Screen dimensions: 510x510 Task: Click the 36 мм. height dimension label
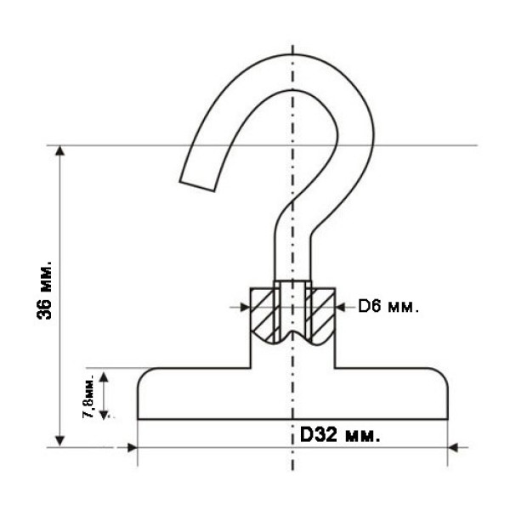click(x=44, y=290)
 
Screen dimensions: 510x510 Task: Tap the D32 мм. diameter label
click(x=340, y=434)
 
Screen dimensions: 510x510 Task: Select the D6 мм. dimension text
click(x=388, y=306)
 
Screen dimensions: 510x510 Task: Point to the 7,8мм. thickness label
click(x=88, y=395)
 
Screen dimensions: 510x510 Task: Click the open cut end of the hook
click(x=197, y=185)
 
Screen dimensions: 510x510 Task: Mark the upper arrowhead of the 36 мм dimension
click(x=59, y=150)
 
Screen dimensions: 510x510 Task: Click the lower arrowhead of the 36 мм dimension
click(x=59, y=441)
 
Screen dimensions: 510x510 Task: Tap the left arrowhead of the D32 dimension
click(x=132, y=448)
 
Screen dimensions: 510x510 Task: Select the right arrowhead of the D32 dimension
click(x=453, y=448)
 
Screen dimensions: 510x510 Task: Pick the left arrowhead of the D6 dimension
click(x=245, y=307)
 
